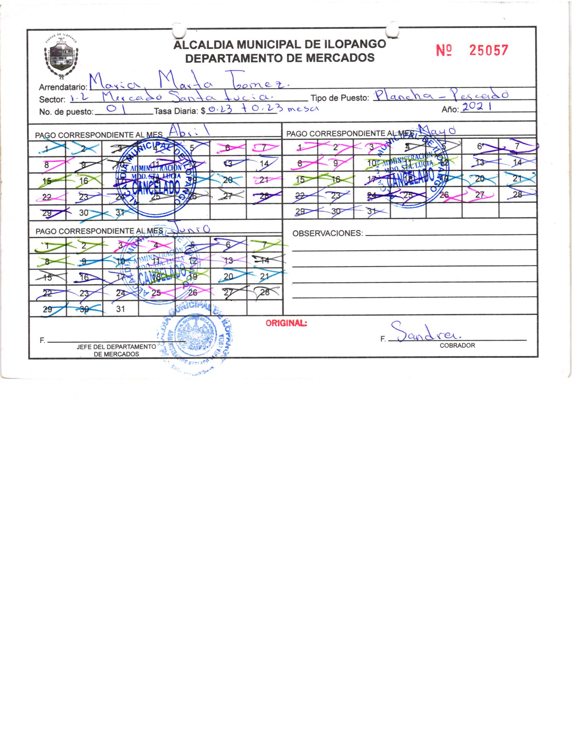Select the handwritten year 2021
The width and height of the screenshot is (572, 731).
[476, 107]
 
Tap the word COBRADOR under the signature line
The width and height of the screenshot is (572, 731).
[457, 345]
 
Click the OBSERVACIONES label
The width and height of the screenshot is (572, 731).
[327, 233]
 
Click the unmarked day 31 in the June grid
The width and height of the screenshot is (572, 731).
[120, 309]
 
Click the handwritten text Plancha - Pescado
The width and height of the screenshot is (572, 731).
[441, 97]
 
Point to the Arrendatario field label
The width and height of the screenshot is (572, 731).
[63, 87]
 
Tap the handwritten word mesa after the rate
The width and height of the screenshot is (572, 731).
[303, 109]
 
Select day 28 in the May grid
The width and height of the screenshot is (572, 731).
[517, 194]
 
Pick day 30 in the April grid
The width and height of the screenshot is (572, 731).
[84, 213]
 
